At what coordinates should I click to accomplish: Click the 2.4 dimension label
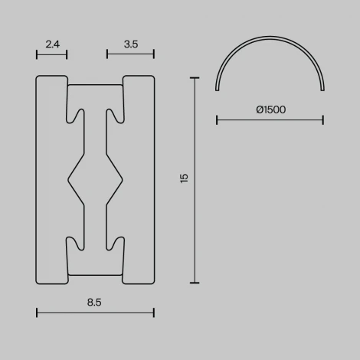click(52, 44)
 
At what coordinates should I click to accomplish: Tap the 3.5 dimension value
click(130, 44)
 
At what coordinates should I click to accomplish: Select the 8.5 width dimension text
click(94, 303)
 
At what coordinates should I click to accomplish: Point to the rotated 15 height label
click(184, 178)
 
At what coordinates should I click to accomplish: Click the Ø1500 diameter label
click(270, 110)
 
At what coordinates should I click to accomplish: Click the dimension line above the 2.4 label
click(52, 54)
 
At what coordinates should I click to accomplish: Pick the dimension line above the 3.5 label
click(130, 54)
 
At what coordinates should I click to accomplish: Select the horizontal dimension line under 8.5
click(95, 312)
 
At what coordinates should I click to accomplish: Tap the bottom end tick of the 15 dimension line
click(195, 283)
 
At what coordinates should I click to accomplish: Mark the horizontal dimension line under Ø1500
click(270, 119)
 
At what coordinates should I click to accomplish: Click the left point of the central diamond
click(70, 180)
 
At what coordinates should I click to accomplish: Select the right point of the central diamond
click(121, 180)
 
